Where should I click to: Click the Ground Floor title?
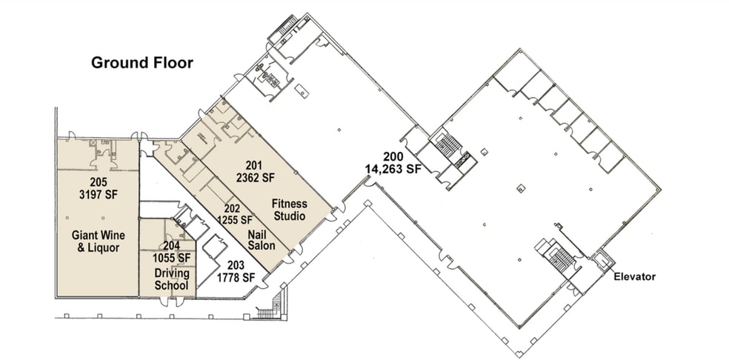click(x=142, y=62)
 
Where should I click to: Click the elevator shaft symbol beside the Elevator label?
click(x=602, y=261)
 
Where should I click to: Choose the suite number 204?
click(x=172, y=247)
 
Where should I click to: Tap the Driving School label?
click(x=172, y=279)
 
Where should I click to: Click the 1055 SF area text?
click(x=172, y=258)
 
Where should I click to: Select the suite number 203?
click(x=236, y=265)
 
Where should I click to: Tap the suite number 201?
click(x=255, y=166)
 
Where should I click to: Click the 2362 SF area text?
click(x=255, y=178)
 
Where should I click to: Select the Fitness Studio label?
click(x=289, y=210)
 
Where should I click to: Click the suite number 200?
click(x=393, y=156)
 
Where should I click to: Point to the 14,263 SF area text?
click(x=393, y=169)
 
